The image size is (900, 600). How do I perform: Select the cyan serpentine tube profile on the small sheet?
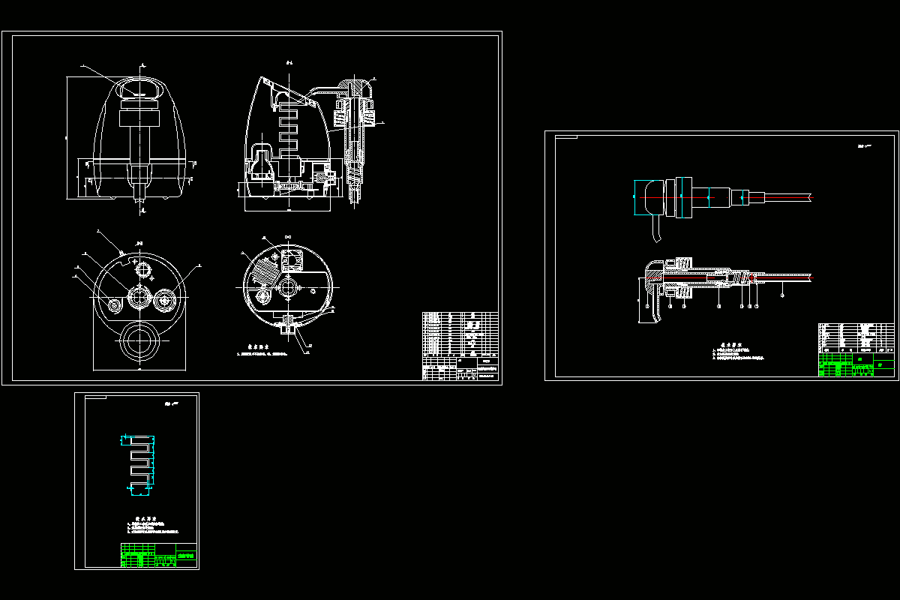click(138, 465)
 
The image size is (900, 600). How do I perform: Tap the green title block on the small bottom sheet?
click(158, 556)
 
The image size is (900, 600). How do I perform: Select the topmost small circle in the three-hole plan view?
click(142, 268)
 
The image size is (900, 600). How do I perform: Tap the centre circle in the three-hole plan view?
click(139, 295)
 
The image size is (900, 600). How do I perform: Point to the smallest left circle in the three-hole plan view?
click(115, 305)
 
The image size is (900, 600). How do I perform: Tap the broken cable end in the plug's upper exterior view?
click(811, 197)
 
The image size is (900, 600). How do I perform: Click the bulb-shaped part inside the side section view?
click(263, 163)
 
